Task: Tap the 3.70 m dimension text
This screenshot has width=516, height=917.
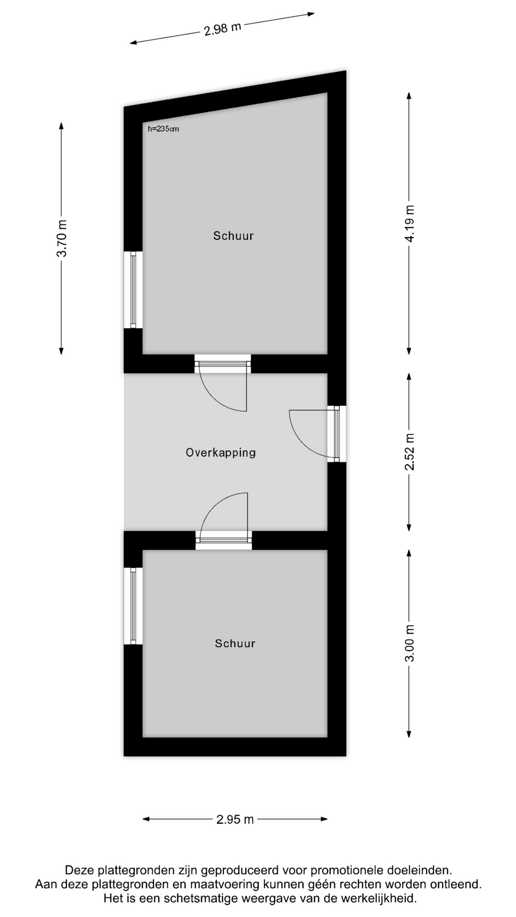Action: [62, 238]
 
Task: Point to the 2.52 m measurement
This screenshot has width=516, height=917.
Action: [409, 452]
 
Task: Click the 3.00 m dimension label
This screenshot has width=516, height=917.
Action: [409, 643]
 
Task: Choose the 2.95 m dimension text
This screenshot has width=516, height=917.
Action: [235, 820]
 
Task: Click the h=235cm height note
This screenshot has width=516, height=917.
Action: [163, 129]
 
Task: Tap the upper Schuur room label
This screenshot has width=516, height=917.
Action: [233, 235]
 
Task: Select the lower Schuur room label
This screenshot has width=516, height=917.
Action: [235, 643]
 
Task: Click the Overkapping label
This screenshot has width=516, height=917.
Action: [221, 452]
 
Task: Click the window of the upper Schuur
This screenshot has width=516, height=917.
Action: [133, 290]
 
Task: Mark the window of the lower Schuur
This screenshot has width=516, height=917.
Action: [133, 606]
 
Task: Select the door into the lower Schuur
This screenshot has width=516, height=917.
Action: [224, 521]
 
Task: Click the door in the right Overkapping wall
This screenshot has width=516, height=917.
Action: [318, 434]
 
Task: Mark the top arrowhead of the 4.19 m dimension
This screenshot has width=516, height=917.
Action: [409, 96]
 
